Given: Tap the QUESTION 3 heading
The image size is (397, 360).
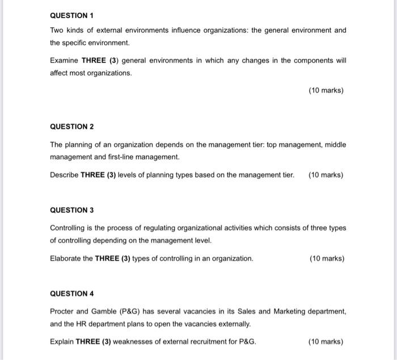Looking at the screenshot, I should point(71,210).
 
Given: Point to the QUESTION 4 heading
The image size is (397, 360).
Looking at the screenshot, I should point(71,294).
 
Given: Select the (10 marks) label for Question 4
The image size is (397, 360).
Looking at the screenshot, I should point(326,342).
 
